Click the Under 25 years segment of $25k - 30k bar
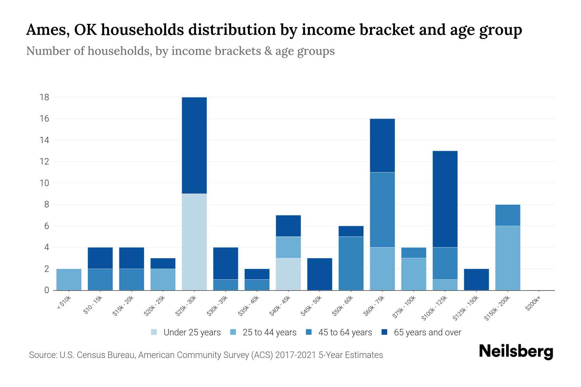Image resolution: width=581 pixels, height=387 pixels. coord(194,242)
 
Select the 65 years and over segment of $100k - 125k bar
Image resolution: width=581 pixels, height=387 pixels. coord(445,199)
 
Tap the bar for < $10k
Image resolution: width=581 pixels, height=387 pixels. coord(69,279)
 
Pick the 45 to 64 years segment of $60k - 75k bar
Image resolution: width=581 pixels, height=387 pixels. coord(382,210)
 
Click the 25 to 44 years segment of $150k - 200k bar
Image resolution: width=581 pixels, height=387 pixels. coord(508,258)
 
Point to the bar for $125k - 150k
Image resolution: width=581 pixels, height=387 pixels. coord(476,279)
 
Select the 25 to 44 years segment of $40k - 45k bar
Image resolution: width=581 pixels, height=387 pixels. coord(288,247)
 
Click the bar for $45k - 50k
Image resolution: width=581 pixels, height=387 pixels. coord(320,274)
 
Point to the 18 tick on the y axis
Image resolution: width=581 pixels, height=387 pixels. coord(44,97)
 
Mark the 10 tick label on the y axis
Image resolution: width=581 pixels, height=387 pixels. coord(44,183)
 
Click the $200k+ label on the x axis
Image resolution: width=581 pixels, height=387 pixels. coord(533,305)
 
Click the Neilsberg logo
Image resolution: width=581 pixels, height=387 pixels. coord(516,352)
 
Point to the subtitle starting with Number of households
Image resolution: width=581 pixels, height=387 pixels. coord(180,51)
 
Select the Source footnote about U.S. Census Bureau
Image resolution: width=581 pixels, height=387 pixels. coord(206,355)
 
